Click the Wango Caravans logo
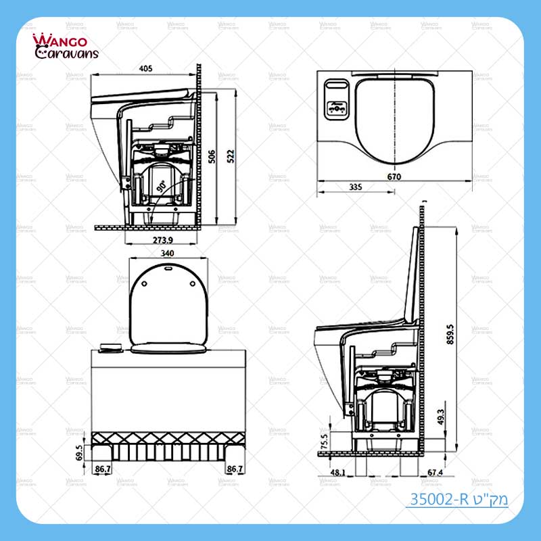[66, 46]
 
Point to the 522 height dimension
[231, 156]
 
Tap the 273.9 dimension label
[163, 239]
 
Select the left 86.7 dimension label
[103, 468]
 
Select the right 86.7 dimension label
[235, 468]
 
